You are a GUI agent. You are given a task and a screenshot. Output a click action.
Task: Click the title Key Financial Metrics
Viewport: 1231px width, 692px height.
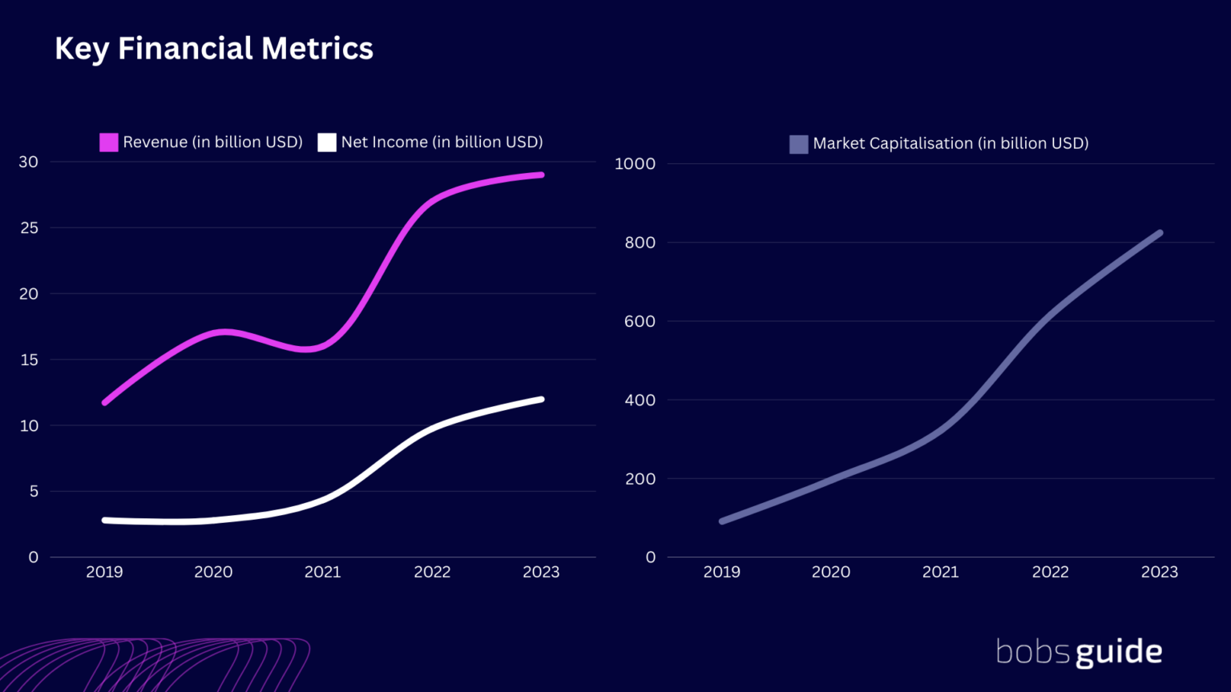point(213,48)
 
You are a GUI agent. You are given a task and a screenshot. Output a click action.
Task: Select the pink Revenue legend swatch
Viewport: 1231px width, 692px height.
point(108,143)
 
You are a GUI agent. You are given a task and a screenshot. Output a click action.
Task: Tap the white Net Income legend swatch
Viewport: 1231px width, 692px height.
point(326,143)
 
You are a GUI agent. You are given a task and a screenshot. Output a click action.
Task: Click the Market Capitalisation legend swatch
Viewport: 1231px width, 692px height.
point(798,144)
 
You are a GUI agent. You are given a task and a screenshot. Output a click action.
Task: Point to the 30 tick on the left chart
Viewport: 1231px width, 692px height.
point(29,162)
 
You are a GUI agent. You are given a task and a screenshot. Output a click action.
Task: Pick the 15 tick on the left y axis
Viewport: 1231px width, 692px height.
point(29,360)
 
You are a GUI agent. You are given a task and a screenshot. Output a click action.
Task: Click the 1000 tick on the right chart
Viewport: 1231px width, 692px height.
point(635,163)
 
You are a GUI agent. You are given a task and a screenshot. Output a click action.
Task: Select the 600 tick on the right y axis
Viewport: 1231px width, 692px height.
point(640,321)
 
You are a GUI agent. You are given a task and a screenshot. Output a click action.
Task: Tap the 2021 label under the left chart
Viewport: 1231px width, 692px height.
point(322,572)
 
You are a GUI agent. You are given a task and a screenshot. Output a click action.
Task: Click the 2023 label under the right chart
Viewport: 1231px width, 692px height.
point(1159,572)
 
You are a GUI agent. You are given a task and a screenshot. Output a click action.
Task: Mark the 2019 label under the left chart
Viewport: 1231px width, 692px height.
point(104,572)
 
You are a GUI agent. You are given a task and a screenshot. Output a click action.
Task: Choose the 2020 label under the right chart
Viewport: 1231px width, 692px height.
point(830,572)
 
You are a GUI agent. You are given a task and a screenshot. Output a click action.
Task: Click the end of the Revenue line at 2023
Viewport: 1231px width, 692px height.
point(541,175)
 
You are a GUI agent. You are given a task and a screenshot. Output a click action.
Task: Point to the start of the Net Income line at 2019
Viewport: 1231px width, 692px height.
point(105,520)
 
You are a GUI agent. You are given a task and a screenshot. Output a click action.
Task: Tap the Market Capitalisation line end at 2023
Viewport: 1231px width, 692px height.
point(1159,234)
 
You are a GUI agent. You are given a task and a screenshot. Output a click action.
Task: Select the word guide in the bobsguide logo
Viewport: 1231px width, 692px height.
point(1119,653)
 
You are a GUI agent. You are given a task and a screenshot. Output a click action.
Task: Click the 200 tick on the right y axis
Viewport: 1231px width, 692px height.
point(640,479)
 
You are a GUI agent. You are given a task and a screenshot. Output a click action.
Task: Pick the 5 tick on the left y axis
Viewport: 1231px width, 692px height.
point(33,491)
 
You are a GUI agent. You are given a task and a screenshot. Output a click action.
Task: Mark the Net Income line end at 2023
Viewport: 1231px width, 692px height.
point(541,399)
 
